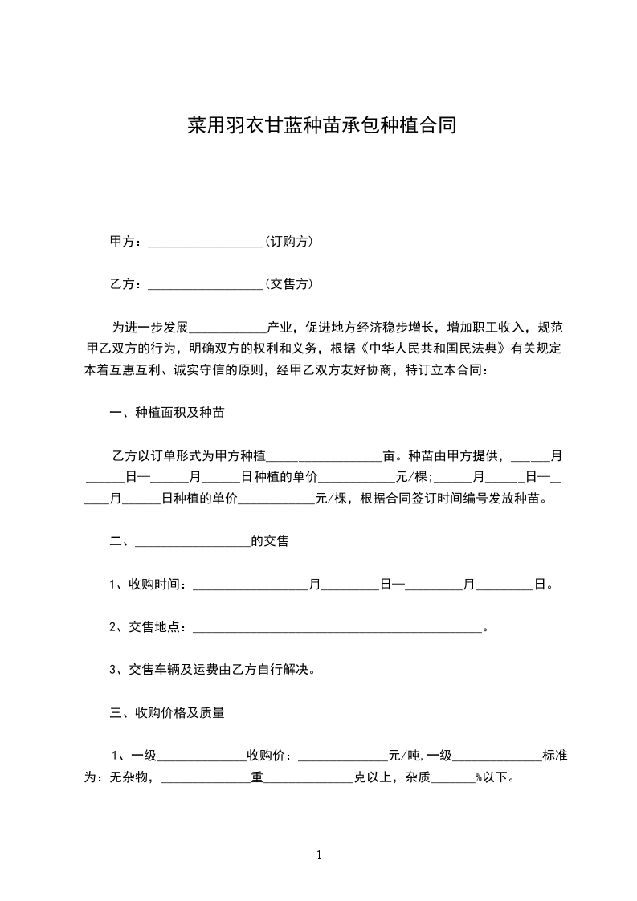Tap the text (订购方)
[289, 241]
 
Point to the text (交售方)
[289, 283]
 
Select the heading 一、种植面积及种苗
[167, 414]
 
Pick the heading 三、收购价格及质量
[167, 711]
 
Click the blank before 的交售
[193, 542]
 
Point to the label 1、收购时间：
[149, 585]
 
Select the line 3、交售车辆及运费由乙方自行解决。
[211, 669]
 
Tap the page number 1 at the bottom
[319, 855]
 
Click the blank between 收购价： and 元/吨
[342, 756]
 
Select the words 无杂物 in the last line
[129, 777]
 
